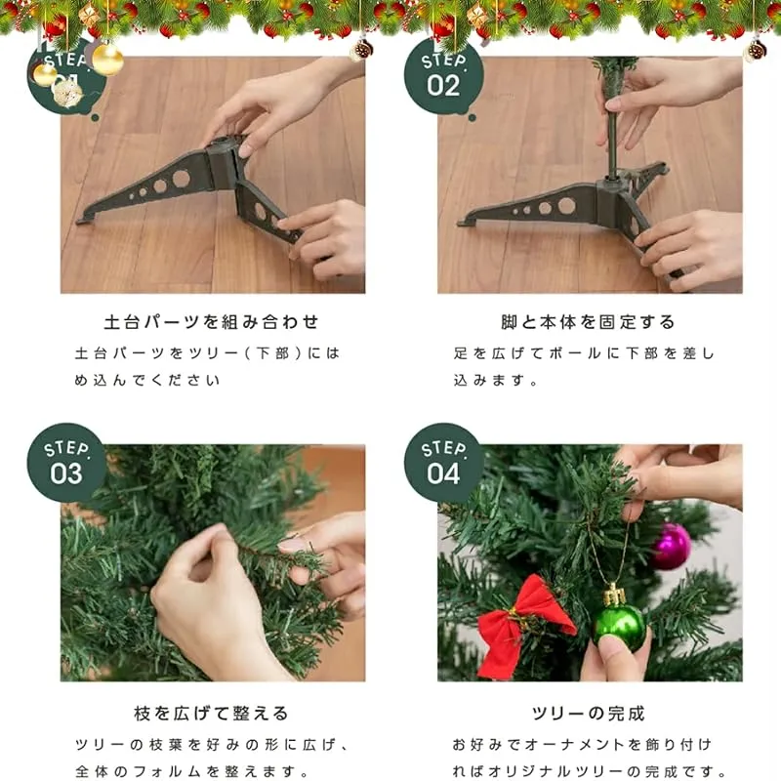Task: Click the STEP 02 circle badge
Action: pyautogui.click(x=443, y=76)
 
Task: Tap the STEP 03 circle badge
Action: pyautogui.click(x=66, y=463)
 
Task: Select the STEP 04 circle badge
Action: pyautogui.click(x=443, y=463)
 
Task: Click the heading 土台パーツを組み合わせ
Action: pyautogui.click(x=211, y=322)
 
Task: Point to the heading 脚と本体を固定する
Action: pyautogui.click(x=589, y=322)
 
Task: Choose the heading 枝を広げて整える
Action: pyautogui.click(x=211, y=714)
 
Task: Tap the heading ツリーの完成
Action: pyautogui.click(x=589, y=714)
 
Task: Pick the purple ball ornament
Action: pyautogui.click(x=671, y=547)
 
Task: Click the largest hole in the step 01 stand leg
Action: pyautogui.click(x=182, y=178)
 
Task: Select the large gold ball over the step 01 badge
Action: pyautogui.click(x=107, y=60)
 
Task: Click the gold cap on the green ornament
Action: pyautogui.click(x=614, y=596)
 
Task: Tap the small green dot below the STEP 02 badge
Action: pyautogui.click(x=473, y=118)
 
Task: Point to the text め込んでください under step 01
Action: pyautogui.click(x=147, y=381)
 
